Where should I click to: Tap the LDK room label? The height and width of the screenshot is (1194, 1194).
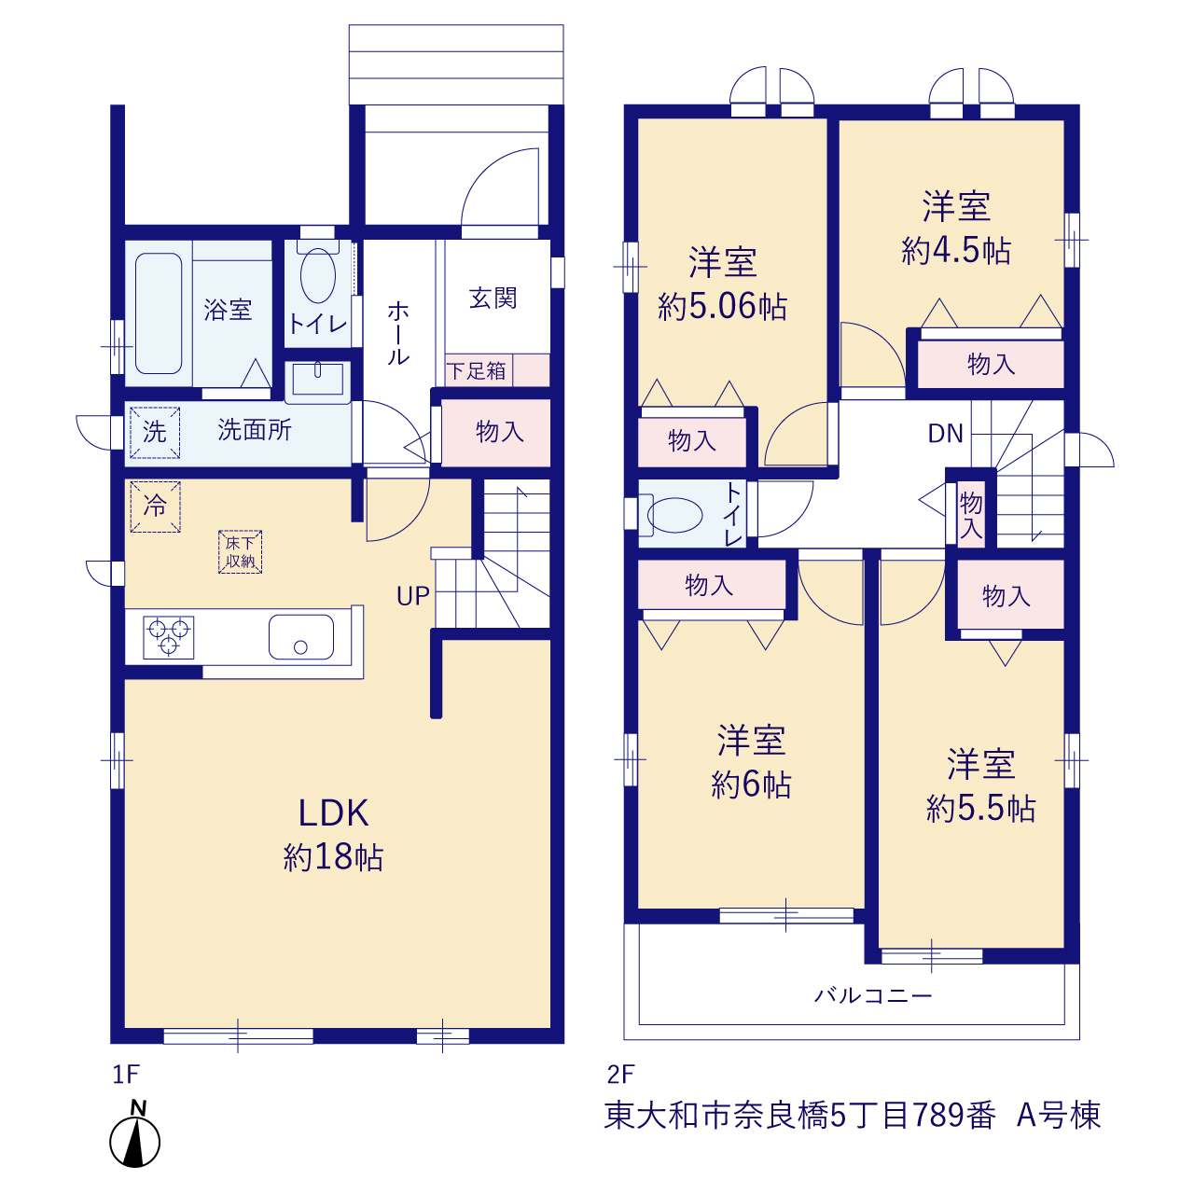pyautogui.click(x=333, y=813)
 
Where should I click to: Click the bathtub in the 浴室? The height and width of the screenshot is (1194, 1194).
pyautogui.click(x=159, y=312)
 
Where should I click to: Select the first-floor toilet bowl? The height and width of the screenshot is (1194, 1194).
pyautogui.click(x=318, y=276)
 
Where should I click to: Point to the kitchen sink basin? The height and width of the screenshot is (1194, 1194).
pyautogui.click(x=301, y=636)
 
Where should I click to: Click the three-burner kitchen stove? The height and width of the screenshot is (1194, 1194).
pyautogui.click(x=169, y=637)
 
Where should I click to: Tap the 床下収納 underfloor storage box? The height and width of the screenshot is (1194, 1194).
pyautogui.click(x=240, y=551)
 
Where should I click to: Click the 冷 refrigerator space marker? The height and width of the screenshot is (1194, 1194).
pyautogui.click(x=155, y=507)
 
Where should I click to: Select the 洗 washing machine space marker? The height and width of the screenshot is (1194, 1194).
pyautogui.click(x=155, y=433)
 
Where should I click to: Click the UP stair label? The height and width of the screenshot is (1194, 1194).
pyautogui.click(x=412, y=596)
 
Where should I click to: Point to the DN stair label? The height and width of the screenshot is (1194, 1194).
pyautogui.click(x=946, y=434)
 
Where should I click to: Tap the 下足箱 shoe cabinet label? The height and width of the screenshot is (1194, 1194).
pyautogui.click(x=476, y=371)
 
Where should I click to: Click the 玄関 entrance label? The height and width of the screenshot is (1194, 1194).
pyautogui.click(x=493, y=298)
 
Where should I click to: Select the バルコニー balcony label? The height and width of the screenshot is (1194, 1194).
pyautogui.click(x=872, y=995)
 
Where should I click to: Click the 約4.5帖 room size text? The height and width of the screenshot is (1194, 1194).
pyautogui.click(x=955, y=251)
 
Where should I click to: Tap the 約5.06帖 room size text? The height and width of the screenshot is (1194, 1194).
pyautogui.click(x=722, y=307)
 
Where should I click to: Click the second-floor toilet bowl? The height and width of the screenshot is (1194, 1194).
pyautogui.click(x=674, y=514)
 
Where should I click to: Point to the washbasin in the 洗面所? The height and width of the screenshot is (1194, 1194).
pyautogui.click(x=317, y=379)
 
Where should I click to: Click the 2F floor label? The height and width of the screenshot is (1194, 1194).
pyautogui.click(x=621, y=1074)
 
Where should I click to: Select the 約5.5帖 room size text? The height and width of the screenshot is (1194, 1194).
pyautogui.click(x=980, y=809)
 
